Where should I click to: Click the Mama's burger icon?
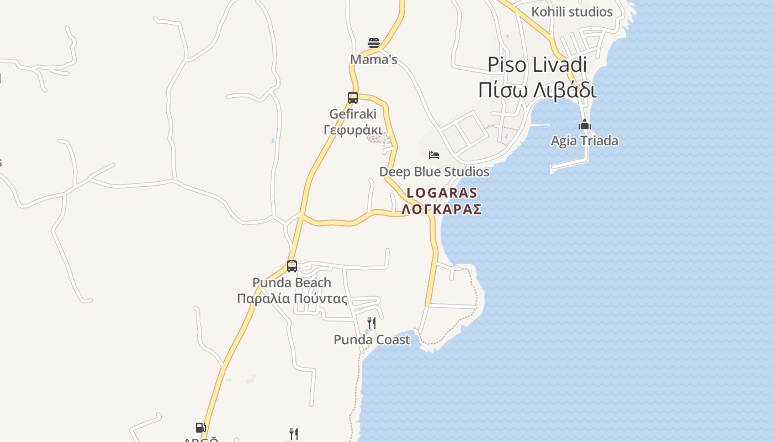coord(374,43)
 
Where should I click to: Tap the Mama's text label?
coord(374,60)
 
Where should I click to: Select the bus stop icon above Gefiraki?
coord(353,98)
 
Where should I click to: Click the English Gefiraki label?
coord(353,114)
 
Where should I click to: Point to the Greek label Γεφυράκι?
coord(353,130)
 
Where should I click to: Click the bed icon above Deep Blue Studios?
coord(434,155)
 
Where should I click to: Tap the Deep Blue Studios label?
coord(434,172)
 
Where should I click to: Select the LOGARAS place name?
coord(442,193)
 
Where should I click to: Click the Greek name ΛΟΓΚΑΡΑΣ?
coord(442,209)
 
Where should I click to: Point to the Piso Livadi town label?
coord(537,65)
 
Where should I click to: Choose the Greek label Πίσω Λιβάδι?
coord(537,90)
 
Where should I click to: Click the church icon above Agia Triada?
coord(585,124)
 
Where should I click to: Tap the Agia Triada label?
coord(585,141)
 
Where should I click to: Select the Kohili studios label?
coord(572,12)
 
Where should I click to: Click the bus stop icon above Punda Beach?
coord(292,266)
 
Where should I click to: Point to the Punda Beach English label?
coord(292,283)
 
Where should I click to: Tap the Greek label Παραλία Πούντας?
coord(292,299)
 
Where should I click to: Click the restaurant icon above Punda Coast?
coord(372,323)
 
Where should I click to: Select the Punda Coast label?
coord(372,340)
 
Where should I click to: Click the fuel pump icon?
coord(200,428)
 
